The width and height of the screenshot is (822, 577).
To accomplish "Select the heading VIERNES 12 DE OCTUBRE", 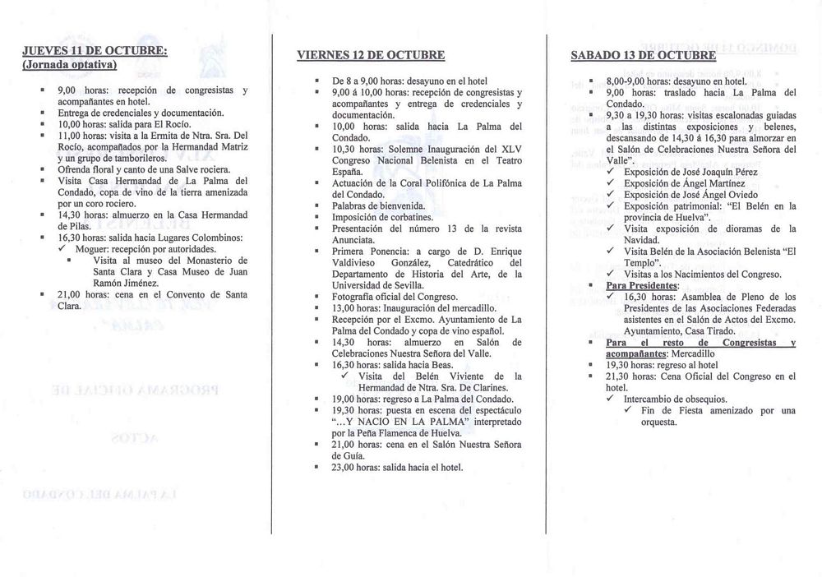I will (371, 56).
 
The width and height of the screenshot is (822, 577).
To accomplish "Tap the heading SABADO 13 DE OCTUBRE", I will (644, 56).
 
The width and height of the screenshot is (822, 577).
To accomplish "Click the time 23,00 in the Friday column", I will (346, 468).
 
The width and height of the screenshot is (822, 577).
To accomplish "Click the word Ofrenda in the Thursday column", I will (76, 168).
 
